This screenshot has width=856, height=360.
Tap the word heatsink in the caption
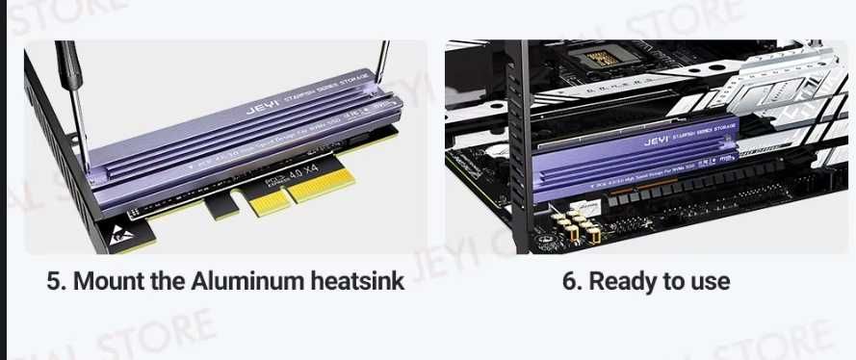[x=358, y=282]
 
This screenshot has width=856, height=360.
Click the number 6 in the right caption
[x=568, y=282]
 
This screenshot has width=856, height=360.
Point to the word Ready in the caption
[x=619, y=282]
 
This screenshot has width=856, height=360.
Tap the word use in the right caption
[x=708, y=282]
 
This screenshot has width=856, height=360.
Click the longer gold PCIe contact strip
[x=321, y=189]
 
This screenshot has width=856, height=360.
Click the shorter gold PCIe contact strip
[x=269, y=202]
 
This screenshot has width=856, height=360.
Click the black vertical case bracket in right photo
[x=521, y=144]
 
